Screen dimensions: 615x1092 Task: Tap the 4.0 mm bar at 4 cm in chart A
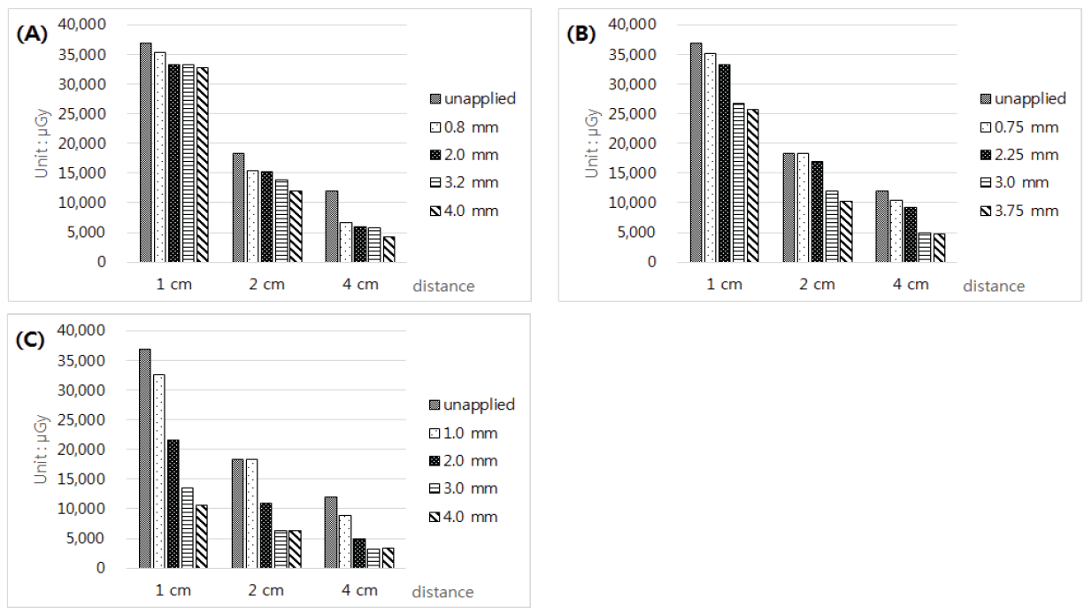388,249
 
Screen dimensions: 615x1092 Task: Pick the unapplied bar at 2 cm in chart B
788,207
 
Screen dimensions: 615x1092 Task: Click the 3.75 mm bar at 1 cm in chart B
752,185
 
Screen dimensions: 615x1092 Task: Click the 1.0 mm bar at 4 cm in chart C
344,541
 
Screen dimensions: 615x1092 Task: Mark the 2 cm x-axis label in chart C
265,590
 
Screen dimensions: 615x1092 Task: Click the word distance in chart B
993,286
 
